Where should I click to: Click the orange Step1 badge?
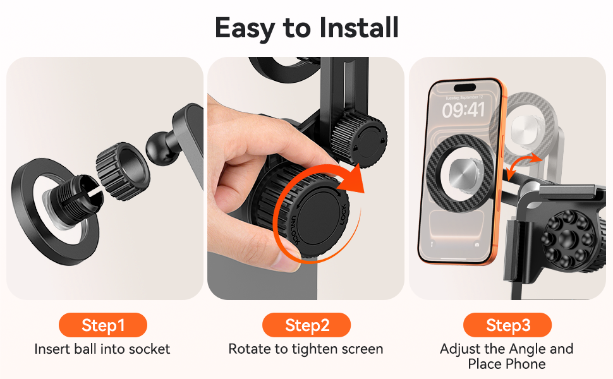[103, 325]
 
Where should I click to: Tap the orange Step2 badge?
[306, 325]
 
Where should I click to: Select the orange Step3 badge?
[507, 325]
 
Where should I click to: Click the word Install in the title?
[358, 28]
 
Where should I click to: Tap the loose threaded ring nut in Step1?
[123, 171]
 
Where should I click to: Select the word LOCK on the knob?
[343, 215]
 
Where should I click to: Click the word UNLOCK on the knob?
[294, 231]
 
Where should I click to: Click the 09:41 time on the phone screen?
[463, 110]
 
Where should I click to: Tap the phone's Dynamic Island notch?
[464, 88]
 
